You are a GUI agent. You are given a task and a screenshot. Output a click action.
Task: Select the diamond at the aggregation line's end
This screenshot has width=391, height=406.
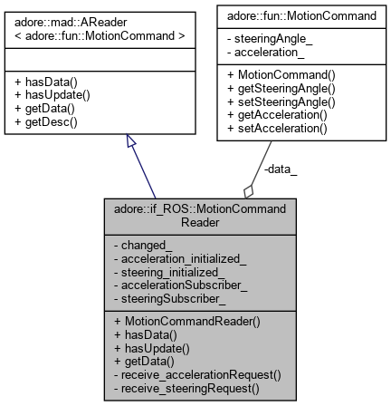(x=247, y=192)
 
